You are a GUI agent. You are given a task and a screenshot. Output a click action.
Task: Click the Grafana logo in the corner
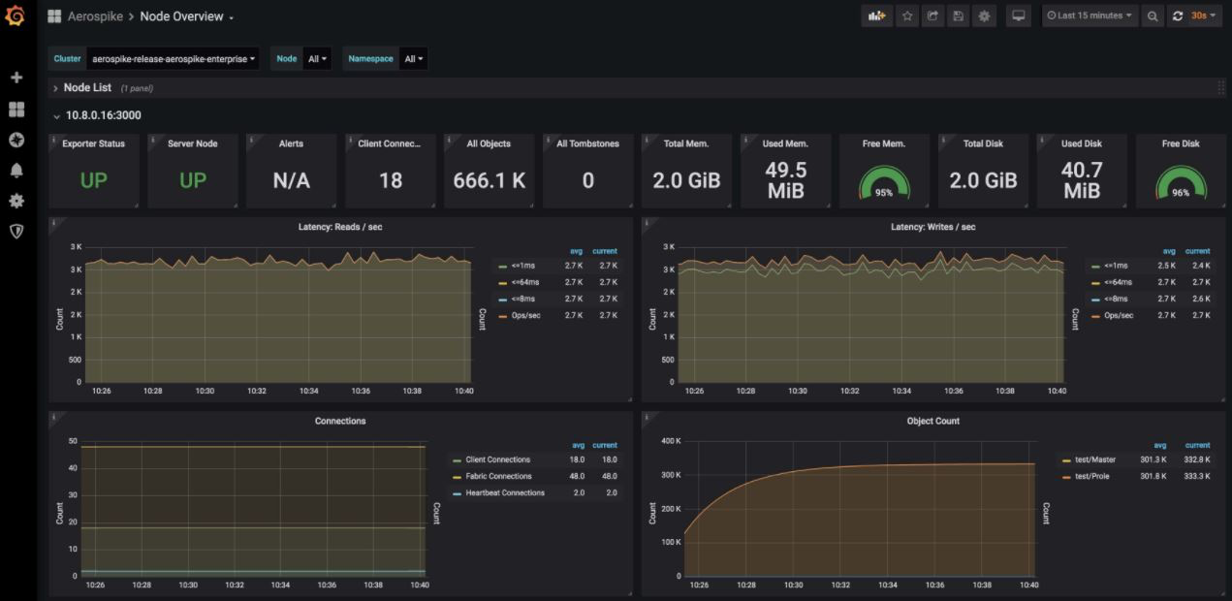[x=15, y=16]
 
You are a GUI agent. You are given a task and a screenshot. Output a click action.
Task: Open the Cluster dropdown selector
[x=174, y=59]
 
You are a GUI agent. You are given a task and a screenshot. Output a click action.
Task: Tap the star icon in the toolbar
[x=907, y=16]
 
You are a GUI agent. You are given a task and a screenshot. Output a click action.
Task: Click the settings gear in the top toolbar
[x=984, y=16]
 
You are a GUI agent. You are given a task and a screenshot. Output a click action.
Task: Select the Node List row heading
[x=87, y=88]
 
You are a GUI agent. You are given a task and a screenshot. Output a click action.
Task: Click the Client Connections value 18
[x=391, y=180]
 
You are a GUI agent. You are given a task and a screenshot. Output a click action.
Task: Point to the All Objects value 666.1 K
[x=490, y=180]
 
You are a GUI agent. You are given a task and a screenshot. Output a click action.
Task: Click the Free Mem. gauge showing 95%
[x=884, y=183]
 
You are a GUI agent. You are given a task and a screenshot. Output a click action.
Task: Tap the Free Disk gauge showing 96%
[x=1181, y=183]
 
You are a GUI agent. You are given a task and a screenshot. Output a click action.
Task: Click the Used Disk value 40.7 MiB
[x=1082, y=180]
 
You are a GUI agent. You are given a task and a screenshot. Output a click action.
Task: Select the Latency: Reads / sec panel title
[x=340, y=227]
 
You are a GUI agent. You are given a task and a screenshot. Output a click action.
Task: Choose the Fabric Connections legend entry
[x=498, y=477]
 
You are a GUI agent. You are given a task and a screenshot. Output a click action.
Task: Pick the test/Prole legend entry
[x=1092, y=477]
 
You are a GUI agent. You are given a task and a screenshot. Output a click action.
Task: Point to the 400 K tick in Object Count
[x=670, y=442]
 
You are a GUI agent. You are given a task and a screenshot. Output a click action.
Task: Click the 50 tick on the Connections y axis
[x=73, y=441]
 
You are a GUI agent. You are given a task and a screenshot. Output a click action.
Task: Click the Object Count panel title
[x=932, y=422]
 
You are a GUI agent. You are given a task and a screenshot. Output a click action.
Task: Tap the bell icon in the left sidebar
[x=16, y=171]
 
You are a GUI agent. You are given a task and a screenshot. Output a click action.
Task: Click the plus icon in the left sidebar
[x=16, y=78]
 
